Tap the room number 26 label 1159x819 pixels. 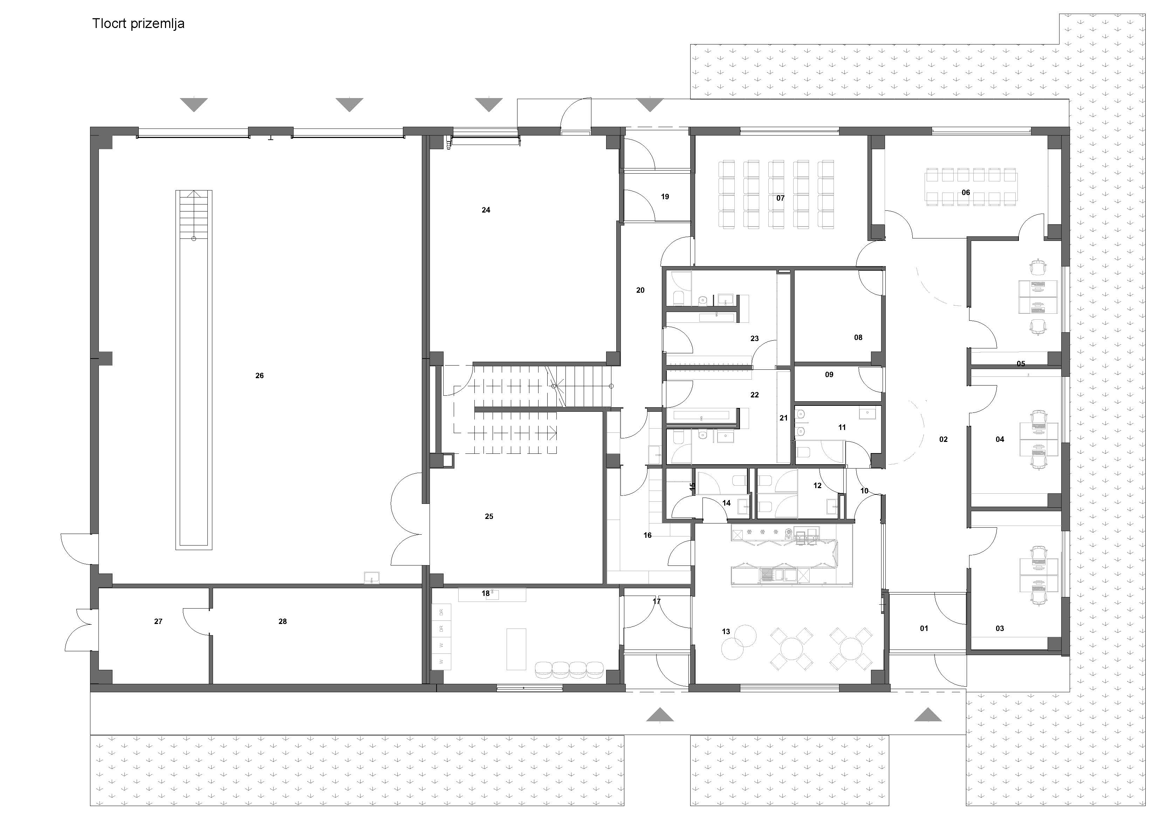point(260,375)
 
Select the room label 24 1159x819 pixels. point(486,210)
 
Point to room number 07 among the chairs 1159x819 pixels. point(780,198)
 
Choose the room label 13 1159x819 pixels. point(726,631)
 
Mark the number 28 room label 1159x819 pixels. point(283,622)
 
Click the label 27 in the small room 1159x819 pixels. point(158,622)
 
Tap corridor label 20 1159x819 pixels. point(640,290)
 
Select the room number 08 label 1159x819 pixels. point(858,338)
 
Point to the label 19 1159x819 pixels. point(665,197)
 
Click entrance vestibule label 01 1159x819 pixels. point(924,628)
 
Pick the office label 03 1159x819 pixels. point(1000,628)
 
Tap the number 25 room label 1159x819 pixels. point(489,516)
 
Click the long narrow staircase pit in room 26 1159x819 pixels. point(194,370)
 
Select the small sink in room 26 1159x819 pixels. point(371,578)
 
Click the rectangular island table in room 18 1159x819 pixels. point(516,649)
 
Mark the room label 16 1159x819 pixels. point(648,535)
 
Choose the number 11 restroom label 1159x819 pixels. point(842,428)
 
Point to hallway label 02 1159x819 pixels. point(944,439)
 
